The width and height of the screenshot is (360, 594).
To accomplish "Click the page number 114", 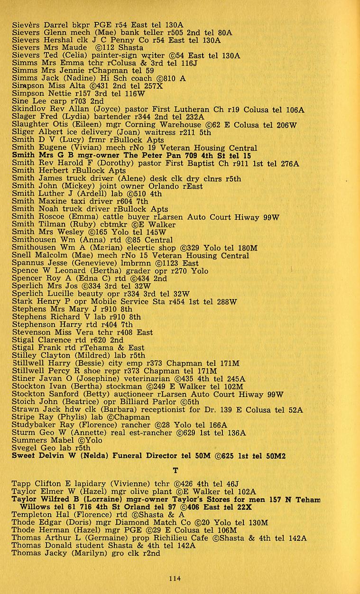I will [175, 578].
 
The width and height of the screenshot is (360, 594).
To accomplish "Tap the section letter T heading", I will [175, 471].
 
